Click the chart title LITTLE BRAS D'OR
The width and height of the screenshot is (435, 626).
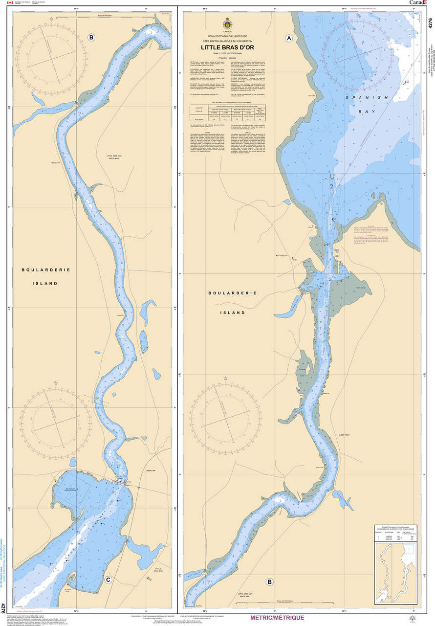(227, 47)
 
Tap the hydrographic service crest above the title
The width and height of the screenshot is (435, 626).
(227, 24)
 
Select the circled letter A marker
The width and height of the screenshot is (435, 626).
(289, 38)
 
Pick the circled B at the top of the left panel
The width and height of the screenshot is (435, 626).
(91, 37)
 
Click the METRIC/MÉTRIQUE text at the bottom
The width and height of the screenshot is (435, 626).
(276, 618)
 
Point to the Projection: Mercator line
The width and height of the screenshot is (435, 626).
(227, 58)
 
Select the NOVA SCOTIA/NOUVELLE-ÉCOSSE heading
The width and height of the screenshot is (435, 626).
(227, 37)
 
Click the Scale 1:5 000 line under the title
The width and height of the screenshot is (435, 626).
(227, 53)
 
